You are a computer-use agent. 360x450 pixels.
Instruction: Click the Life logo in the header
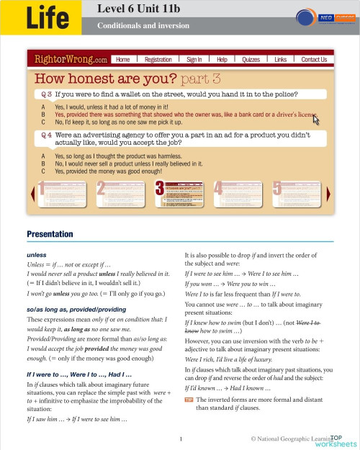50,18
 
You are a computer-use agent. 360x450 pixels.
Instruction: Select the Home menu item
123,60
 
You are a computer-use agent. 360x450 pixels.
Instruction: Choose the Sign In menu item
194,60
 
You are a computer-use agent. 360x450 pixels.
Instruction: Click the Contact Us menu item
314,60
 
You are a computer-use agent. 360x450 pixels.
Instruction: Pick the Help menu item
222,60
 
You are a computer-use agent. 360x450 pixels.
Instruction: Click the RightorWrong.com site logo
67,59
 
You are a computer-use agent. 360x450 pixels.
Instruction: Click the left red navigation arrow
31,192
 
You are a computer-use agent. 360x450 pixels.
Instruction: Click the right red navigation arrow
329,192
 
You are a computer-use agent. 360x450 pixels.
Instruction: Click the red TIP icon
189,398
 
